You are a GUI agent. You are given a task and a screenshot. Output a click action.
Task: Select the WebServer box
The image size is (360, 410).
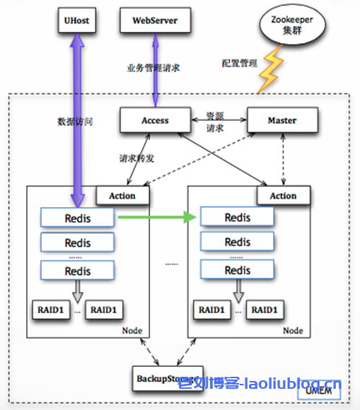(x=155, y=21)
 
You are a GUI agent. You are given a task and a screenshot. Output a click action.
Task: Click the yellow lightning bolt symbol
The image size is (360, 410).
(x=269, y=71)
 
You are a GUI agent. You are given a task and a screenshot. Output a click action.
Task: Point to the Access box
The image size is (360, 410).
(x=155, y=120)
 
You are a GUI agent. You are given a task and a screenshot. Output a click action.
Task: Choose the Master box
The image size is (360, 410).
(x=281, y=120)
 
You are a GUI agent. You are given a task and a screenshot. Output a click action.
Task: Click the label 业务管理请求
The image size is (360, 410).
(x=153, y=68)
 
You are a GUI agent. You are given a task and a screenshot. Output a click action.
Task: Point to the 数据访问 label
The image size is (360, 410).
(x=75, y=122)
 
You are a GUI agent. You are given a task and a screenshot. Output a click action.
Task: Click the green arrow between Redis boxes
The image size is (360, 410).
(x=156, y=218)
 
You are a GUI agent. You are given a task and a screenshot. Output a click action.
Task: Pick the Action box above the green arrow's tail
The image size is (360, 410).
(x=122, y=196)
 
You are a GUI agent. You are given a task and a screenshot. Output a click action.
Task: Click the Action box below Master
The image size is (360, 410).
(x=283, y=196)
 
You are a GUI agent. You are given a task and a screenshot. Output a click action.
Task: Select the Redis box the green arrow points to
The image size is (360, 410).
(x=237, y=218)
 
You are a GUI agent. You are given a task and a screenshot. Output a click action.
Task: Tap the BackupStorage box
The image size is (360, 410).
(x=168, y=378)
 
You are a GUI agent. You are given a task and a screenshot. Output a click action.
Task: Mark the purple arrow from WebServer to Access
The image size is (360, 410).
(x=155, y=69)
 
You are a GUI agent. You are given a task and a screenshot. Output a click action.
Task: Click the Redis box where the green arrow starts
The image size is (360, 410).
(x=78, y=218)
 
